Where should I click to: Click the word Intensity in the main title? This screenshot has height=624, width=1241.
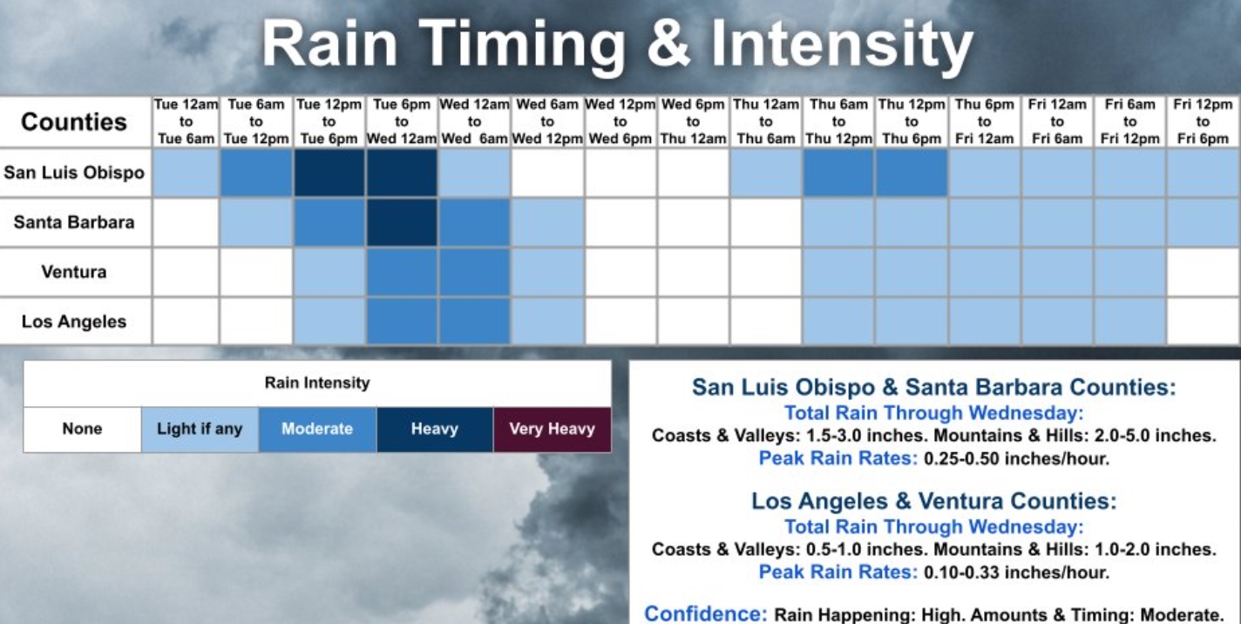(842, 44)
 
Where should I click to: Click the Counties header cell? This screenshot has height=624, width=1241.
(74, 122)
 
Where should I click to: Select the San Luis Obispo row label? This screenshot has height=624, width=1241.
(74, 173)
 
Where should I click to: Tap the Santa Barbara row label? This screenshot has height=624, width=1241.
(74, 222)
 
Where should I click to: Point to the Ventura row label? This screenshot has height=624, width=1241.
(74, 272)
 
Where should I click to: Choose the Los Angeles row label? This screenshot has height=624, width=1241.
(74, 322)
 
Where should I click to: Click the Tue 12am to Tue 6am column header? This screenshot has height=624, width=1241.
(186, 122)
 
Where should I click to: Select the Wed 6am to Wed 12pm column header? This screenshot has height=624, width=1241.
(547, 122)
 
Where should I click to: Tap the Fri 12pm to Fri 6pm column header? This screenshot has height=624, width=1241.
(1203, 122)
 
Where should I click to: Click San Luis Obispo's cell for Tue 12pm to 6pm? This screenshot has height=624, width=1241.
(329, 173)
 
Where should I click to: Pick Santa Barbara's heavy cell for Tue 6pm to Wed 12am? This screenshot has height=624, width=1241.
(402, 222)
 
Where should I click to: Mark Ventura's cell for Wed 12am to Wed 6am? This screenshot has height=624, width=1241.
(474, 272)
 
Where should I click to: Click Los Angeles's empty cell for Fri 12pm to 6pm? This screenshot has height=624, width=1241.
(1203, 322)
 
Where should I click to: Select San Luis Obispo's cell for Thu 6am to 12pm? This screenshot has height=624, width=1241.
(838, 173)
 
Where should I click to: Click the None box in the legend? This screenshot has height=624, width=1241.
(82, 430)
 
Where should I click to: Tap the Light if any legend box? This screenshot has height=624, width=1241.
(200, 430)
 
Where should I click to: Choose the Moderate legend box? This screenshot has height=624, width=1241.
(317, 430)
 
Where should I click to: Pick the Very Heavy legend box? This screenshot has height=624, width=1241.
(553, 430)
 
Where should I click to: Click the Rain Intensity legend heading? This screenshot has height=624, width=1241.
(317, 383)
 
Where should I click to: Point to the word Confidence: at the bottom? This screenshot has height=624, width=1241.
(706, 614)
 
